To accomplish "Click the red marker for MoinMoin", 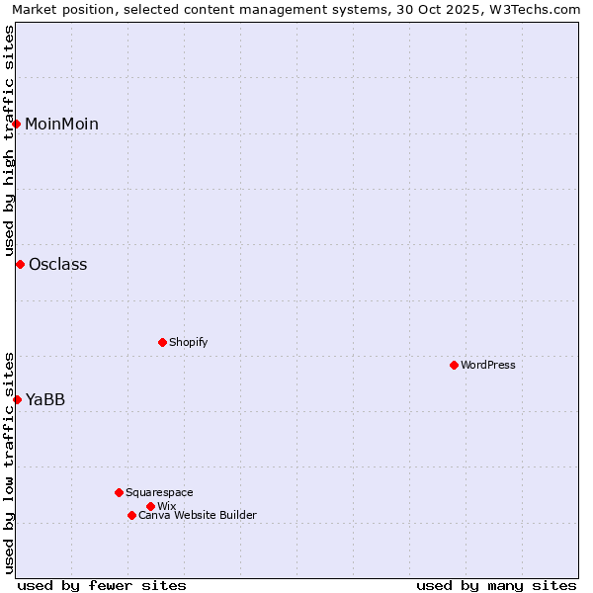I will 17,124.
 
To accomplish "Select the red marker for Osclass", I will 20,264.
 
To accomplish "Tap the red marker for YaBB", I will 17,399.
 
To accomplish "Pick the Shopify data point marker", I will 162,342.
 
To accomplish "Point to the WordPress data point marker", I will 454,365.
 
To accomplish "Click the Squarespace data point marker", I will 119,492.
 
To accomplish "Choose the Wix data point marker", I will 150,506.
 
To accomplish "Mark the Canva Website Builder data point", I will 131,515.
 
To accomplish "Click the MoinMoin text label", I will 61,124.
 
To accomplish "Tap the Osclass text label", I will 57,264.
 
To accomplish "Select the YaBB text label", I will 45,399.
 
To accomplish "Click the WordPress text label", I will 488,365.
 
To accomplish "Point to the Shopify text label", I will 188,342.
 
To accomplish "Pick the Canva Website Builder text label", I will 198,515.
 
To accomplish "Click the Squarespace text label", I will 159,492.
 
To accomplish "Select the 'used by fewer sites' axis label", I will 102,585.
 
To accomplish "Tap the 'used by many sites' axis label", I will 496,585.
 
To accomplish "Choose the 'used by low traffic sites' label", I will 9,463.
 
